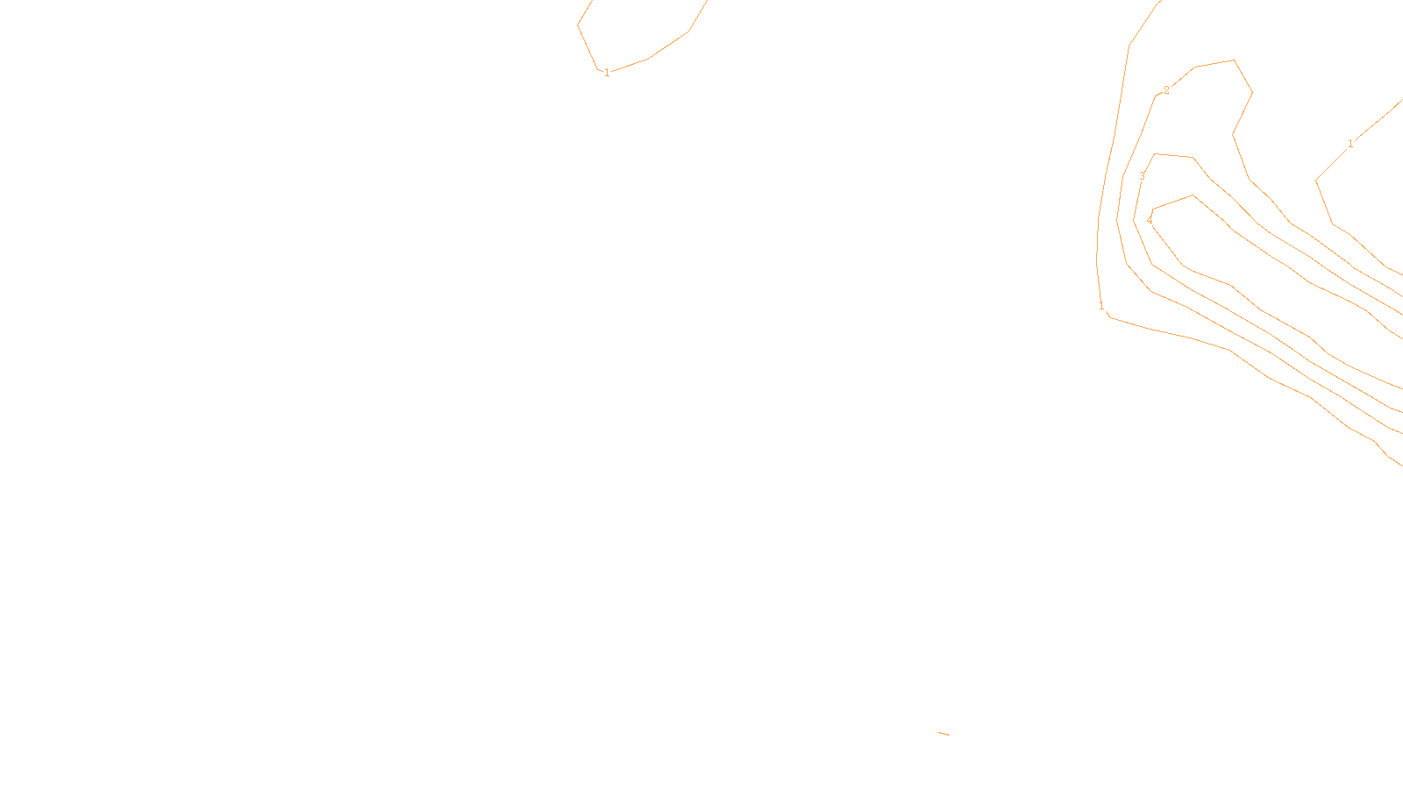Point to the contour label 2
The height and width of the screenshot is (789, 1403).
(1166, 90)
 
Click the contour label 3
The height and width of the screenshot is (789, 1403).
(1142, 176)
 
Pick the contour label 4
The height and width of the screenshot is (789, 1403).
(1150, 220)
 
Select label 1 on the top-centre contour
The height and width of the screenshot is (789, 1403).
(607, 73)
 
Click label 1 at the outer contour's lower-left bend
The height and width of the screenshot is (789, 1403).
(1101, 306)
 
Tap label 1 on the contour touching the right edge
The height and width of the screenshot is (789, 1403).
(1350, 144)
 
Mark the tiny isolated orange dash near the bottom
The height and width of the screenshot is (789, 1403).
(944, 733)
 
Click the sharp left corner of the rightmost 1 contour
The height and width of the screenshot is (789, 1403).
(1316, 181)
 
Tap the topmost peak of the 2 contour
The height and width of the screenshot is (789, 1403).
(1234, 60)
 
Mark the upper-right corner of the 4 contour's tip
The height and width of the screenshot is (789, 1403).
(1193, 195)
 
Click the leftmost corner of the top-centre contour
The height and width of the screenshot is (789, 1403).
(578, 25)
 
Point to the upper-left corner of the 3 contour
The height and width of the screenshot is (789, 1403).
(1155, 154)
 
